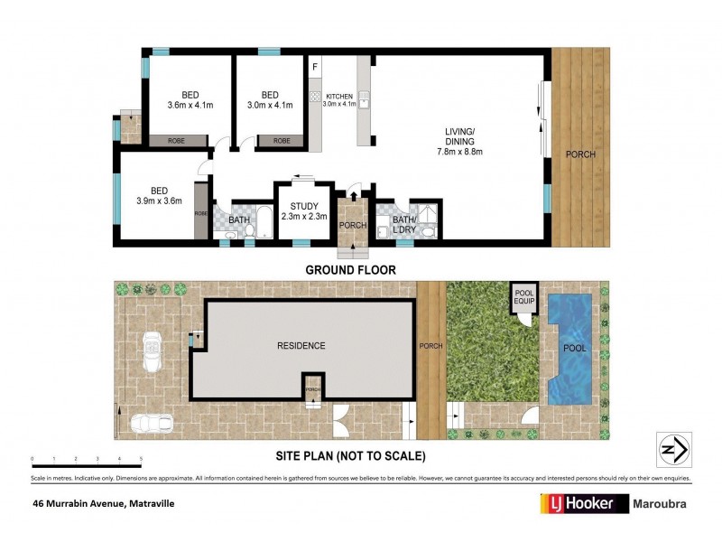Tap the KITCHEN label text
[338, 96]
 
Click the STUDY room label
[293, 206]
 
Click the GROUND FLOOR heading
[350, 270]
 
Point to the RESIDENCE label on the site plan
[301, 346]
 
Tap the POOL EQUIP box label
[524, 297]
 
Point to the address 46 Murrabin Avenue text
[102, 503]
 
